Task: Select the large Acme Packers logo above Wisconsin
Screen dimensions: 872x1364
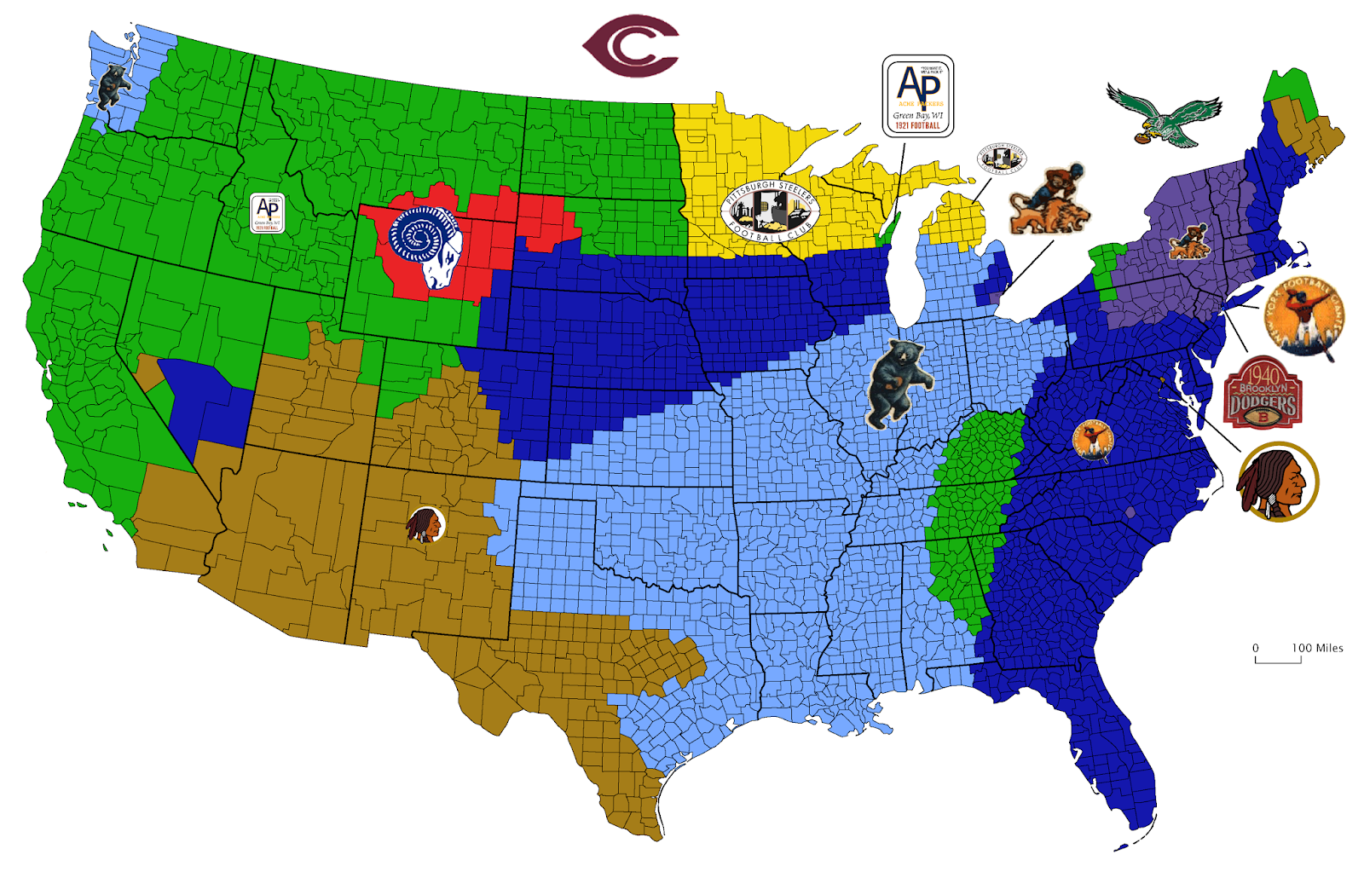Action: (x=917, y=96)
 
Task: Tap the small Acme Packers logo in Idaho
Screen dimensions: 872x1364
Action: (x=267, y=213)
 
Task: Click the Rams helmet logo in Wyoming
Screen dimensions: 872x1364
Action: (x=425, y=246)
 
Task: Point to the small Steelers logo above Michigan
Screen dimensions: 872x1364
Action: (x=1001, y=159)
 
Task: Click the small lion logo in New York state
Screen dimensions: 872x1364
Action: (x=1189, y=242)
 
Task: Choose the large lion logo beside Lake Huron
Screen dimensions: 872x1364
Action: (x=1049, y=201)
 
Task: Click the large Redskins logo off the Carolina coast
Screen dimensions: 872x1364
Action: (x=1276, y=482)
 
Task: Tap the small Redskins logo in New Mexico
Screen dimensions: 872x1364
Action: (x=425, y=525)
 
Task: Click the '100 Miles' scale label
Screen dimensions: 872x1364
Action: (x=1317, y=648)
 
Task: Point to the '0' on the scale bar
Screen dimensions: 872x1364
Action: (x=1255, y=648)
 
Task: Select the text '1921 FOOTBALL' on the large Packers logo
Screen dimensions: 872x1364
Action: (x=917, y=126)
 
